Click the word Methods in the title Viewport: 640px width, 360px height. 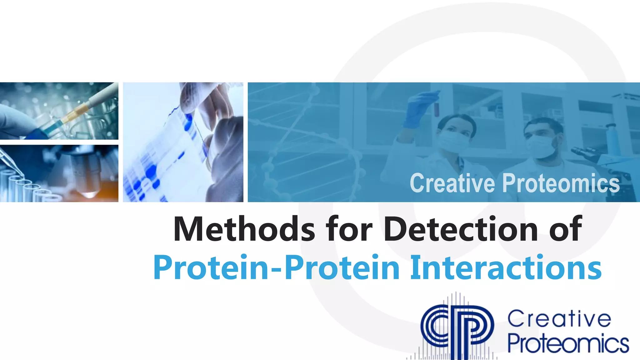pos(244,229)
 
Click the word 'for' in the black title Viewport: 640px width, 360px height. pos(349,229)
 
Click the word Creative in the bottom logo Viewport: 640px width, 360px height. pos(559,319)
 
